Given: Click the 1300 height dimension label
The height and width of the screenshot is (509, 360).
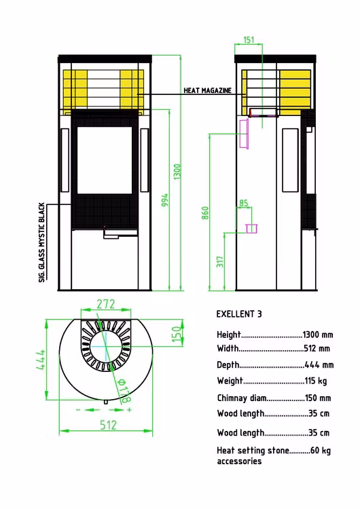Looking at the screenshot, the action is pyautogui.click(x=177, y=172).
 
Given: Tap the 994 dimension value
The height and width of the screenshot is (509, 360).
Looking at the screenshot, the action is pyautogui.click(x=165, y=200).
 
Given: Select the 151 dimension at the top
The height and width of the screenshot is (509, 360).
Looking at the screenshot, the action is pyautogui.click(x=249, y=39).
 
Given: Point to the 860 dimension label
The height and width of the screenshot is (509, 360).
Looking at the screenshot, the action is pyautogui.click(x=205, y=213).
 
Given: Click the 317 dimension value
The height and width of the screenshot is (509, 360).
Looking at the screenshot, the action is pyautogui.click(x=220, y=262).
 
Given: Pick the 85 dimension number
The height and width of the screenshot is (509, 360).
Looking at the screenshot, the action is pyautogui.click(x=244, y=203).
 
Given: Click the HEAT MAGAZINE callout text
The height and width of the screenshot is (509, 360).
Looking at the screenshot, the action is pyautogui.click(x=208, y=90).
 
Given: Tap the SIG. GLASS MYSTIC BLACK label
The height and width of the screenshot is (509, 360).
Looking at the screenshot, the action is pyautogui.click(x=41, y=242).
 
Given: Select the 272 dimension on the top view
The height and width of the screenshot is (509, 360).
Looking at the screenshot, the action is pyautogui.click(x=106, y=304).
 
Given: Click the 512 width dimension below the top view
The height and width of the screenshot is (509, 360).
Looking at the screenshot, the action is pyautogui.click(x=108, y=425).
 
